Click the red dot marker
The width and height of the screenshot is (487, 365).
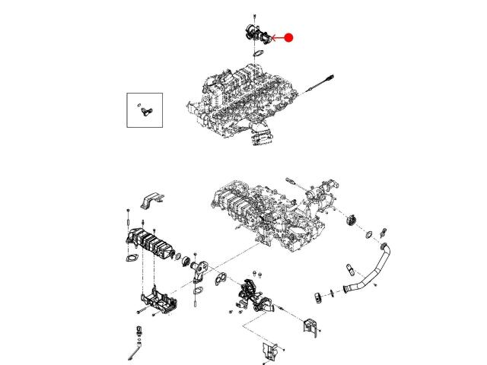(x=289, y=37)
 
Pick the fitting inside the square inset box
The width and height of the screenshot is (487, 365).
(x=145, y=111)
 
